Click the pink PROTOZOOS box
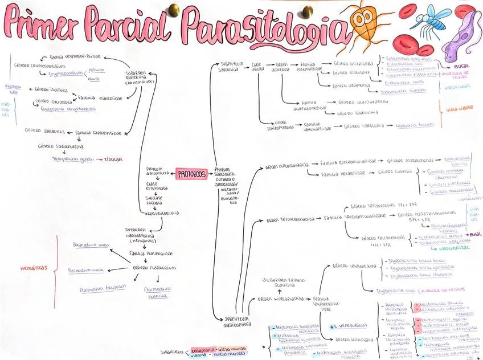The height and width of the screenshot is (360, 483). click(x=192, y=174)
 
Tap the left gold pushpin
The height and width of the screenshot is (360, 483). click(x=173, y=10)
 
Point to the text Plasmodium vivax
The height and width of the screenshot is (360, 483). click(x=91, y=245)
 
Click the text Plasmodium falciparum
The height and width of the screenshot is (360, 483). click(x=102, y=289)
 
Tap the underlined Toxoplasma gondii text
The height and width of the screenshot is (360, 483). click(x=72, y=159)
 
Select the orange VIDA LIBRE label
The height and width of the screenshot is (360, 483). click(x=459, y=108)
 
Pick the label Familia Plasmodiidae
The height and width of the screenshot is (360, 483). click(x=151, y=253)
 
